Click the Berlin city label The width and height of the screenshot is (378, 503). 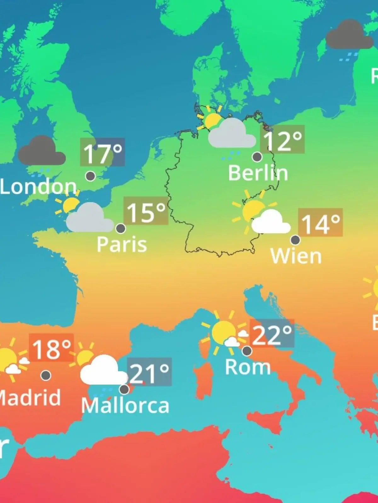tap(258, 173)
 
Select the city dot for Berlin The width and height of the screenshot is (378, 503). tap(257, 157)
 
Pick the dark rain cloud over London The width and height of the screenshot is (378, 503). tap(42, 152)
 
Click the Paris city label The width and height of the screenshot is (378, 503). tap(122, 244)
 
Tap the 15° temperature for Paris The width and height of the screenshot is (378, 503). tap(146, 211)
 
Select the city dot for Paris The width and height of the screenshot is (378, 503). tap(121, 228)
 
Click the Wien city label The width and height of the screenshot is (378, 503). tap(296, 256)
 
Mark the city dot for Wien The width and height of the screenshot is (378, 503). tap(295, 240)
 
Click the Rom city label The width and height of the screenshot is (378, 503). tap(248, 367)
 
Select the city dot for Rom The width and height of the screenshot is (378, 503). tap(247, 351)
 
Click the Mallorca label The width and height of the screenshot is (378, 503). tap(125, 406)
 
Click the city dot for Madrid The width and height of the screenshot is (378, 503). tap(46, 375)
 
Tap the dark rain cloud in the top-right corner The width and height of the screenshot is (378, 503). tap(349, 35)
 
